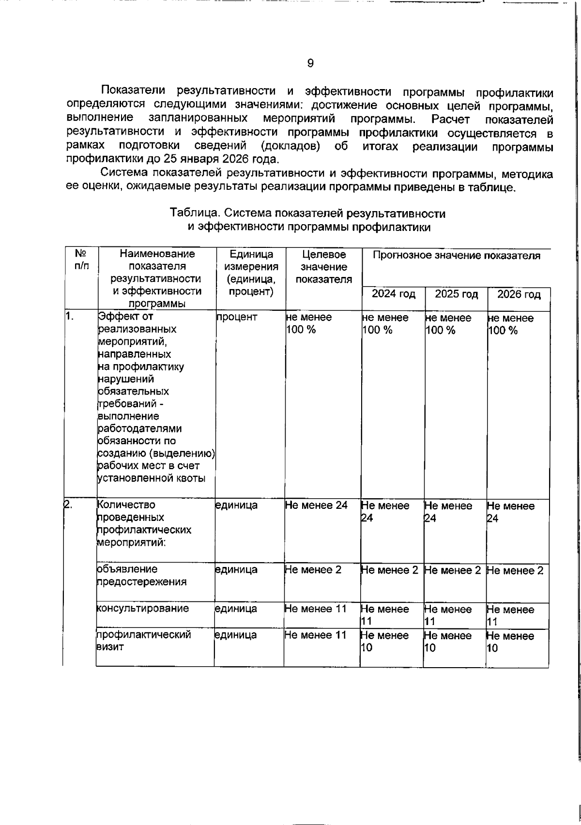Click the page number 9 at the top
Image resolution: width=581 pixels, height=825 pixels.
310,63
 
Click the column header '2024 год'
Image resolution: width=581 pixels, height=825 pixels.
393,294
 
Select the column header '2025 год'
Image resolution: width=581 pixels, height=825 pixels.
456,294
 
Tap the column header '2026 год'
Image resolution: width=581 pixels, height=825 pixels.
519,294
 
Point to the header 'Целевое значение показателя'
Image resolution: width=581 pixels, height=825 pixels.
323,267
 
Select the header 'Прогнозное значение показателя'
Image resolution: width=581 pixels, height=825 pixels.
456,256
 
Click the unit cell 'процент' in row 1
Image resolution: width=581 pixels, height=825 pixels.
237,317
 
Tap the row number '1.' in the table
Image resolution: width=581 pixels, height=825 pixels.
70,317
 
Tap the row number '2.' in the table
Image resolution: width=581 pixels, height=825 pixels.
68,505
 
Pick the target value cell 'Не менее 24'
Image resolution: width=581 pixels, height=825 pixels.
316,505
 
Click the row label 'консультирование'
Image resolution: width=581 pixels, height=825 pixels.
143,609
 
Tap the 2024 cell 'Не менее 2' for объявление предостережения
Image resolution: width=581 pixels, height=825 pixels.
390,570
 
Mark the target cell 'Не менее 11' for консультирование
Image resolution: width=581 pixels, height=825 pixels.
316,609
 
